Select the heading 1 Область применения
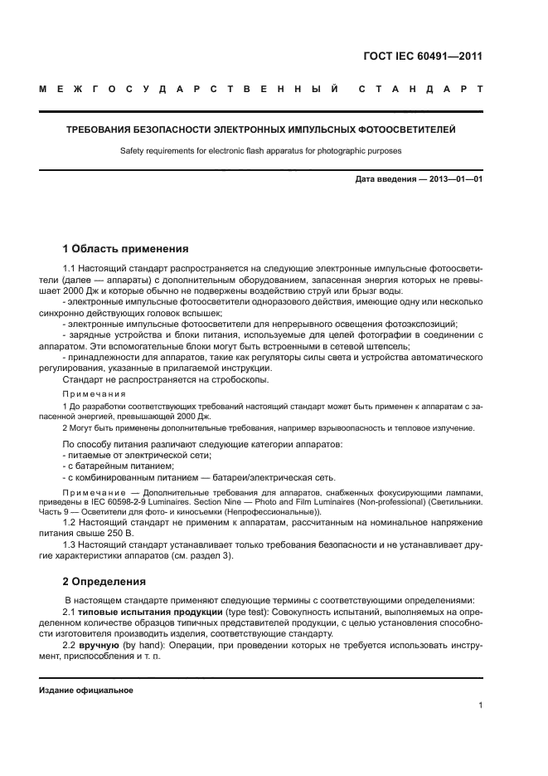point(126,248)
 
